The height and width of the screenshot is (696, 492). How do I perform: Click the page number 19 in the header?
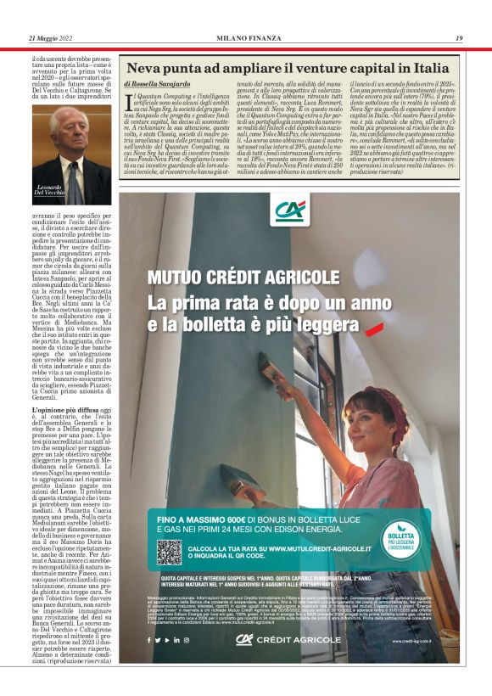(458, 38)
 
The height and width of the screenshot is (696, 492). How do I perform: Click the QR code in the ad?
(169, 552)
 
